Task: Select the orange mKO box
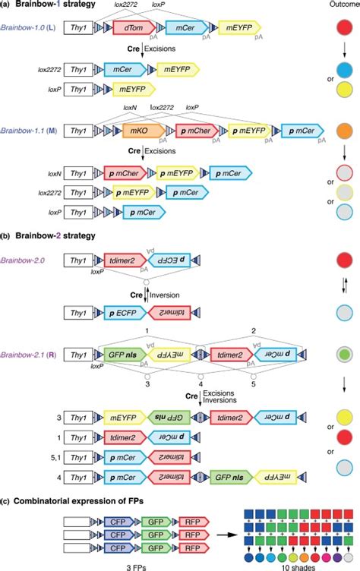(x=137, y=130)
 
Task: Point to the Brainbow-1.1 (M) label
(x=29, y=130)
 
